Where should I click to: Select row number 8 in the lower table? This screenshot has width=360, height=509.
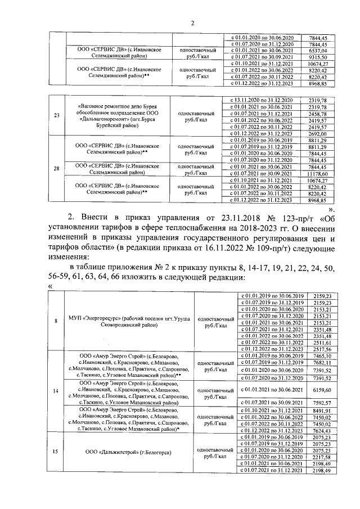(56, 321)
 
